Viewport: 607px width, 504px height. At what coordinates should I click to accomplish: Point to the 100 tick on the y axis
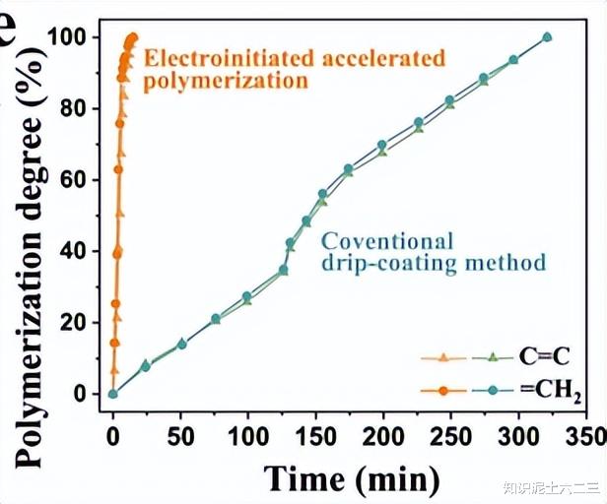click(x=79, y=37)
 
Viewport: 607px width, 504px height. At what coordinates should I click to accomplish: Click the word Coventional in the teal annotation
click(x=388, y=241)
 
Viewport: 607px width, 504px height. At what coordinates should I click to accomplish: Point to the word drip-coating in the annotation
click(x=381, y=263)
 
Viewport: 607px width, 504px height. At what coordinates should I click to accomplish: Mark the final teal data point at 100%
click(x=547, y=37)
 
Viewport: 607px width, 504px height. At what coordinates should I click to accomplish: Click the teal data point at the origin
click(x=112, y=394)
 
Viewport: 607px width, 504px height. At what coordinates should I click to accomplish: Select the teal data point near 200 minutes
click(x=382, y=145)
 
